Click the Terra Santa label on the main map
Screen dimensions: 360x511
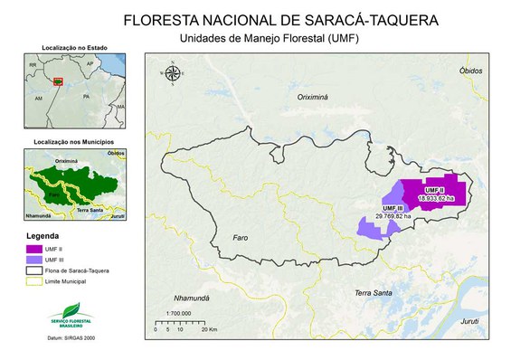tap(374, 292)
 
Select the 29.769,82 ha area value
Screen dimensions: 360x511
tap(391, 217)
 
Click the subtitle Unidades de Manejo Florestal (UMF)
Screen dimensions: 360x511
tap(256, 38)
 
